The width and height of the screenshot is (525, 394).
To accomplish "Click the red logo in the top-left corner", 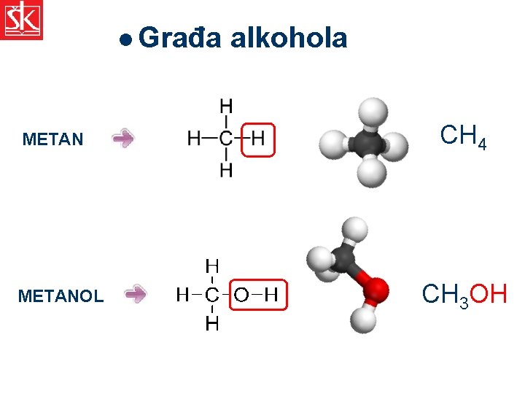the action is click(22, 20).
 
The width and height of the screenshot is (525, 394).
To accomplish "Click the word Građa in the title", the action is click(179, 38).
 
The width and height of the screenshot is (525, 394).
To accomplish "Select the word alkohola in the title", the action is click(288, 38).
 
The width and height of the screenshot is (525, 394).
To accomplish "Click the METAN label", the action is click(53, 139).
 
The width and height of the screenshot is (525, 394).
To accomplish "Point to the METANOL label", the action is click(61, 296).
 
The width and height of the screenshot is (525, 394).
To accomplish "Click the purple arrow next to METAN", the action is click(123, 139).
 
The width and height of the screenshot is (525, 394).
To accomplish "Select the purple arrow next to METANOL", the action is click(136, 294).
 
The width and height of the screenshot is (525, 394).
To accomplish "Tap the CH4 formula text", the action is click(463, 136).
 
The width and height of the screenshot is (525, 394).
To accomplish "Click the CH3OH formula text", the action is click(464, 295).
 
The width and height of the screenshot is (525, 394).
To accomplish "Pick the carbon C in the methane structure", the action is click(227, 138).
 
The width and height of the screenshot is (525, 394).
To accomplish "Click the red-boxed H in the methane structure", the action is click(258, 138).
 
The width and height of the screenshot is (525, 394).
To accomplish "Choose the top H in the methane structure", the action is click(227, 106).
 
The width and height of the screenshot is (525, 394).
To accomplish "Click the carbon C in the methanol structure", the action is click(211, 295).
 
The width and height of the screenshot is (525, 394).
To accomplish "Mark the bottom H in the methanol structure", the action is click(211, 323).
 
